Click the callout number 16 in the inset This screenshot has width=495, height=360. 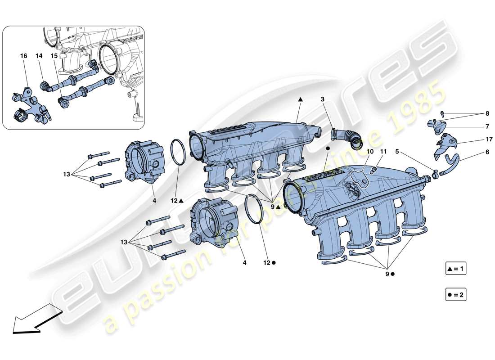(23, 56)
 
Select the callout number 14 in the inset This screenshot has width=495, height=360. (39, 56)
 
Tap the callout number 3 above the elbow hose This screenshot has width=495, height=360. (323, 99)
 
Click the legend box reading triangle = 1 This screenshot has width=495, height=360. (455, 270)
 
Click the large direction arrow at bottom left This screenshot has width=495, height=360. (34, 318)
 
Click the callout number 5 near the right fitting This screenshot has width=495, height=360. (397, 153)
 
